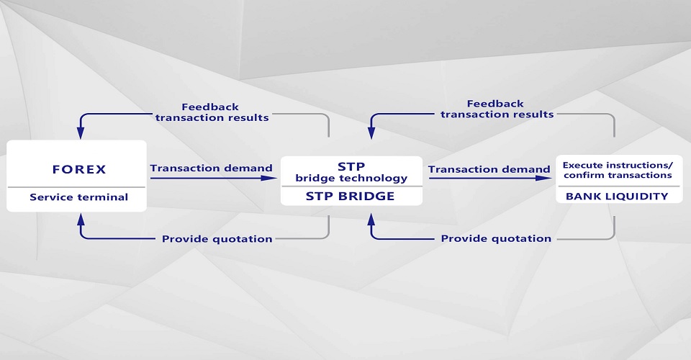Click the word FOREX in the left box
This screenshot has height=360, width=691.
(79, 170)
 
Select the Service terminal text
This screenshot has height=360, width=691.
(79, 197)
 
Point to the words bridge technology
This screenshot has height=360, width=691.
(351, 178)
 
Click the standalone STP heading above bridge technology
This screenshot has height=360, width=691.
(351, 166)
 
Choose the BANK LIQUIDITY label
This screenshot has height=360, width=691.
(617, 196)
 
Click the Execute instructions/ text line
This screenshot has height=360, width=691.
(617, 164)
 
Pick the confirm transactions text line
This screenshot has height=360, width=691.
(617, 175)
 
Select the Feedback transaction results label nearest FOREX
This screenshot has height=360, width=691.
(212, 112)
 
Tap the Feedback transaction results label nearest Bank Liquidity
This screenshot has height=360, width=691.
(497, 109)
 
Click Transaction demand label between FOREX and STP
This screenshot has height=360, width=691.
(211, 168)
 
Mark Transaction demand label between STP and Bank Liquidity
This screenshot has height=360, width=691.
(489, 169)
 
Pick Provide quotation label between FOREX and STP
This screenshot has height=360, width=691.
(217, 238)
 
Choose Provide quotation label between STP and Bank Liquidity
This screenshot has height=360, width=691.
(496, 238)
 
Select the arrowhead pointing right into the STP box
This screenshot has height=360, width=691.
(272, 177)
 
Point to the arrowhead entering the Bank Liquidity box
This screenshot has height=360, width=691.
(550, 178)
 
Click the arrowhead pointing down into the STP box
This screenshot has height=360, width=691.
(371, 132)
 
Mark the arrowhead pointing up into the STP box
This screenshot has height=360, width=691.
(371, 217)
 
